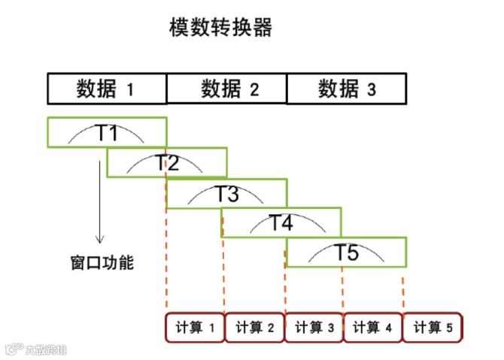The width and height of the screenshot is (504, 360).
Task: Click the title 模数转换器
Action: click(x=220, y=29)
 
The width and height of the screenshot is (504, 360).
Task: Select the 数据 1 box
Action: click(x=106, y=89)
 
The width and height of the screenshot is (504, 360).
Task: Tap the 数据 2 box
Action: click(x=226, y=89)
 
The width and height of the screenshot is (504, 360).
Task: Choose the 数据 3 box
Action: click(x=346, y=89)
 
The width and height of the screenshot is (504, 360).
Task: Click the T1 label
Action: click(x=107, y=133)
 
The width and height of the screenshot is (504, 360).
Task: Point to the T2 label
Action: click(x=167, y=162)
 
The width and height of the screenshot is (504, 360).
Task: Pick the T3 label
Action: click(x=226, y=193)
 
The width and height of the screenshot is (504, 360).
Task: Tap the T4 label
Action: click(x=281, y=222)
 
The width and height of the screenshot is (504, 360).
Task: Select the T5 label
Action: click(x=346, y=252)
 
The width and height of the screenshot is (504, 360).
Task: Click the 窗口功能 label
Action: click(x=96, y=263)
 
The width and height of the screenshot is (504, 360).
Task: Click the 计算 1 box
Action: click(x=195, y=328)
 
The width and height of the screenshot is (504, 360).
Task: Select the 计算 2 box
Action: click(x=254, y=328)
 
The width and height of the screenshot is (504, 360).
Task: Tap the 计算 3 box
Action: click(x=314, y=328)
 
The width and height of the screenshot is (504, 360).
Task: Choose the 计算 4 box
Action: click(x=372, y=328)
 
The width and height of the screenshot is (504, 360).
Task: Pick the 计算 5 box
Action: click(x=433, y=328)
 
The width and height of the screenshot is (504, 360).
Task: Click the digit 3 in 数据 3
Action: click(x=371, y=90)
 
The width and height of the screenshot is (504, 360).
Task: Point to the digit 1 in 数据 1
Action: click(x=129, y=90)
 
